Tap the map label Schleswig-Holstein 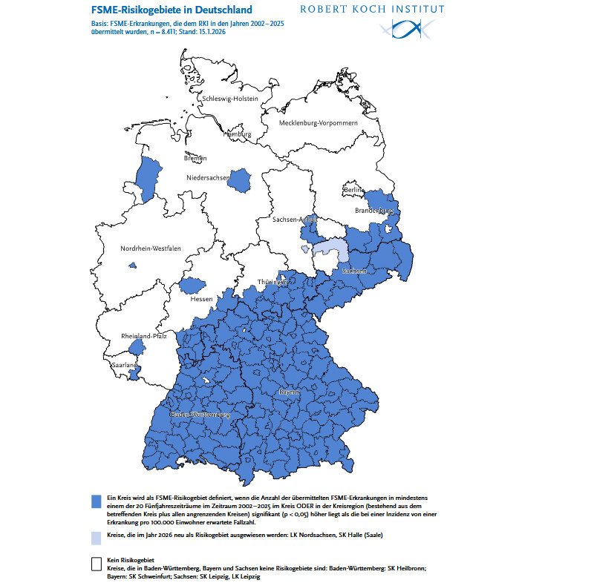[x=229, y=99]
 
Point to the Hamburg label [x=237, y=134]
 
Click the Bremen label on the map [x=195, y=158]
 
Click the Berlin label [x=352, y=191]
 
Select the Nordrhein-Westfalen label [x=151, y=249]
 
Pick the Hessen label [x=201, y=299]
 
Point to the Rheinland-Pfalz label [x=143, y=337]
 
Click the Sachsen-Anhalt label [x=295, y=220]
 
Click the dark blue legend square [x=96, y=501]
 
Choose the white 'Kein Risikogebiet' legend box [x=96, y=563]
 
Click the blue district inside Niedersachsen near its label [x=241, y=179]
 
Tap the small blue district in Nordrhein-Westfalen [x=133, y=265]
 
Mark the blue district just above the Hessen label [x=195, y=285]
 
